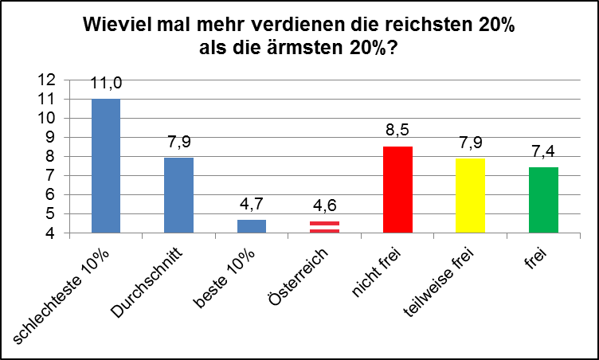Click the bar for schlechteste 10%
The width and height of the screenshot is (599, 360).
tap(107, 166)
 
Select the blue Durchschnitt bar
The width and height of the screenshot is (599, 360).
tap(178, 195)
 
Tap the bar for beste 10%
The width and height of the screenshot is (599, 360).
tap(251, 226)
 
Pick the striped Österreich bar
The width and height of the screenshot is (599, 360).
tap(323, 227)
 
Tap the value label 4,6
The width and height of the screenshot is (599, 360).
tap(323, 209)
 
